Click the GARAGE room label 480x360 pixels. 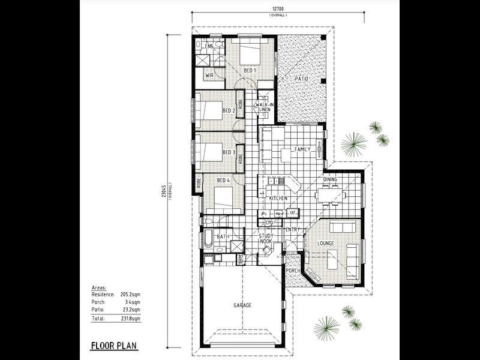[x=242, y=305]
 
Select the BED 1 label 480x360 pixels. [x=250, y=70]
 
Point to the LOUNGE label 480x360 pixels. [x=316, y=243]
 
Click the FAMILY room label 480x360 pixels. [x=302, y=149]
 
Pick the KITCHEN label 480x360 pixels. [x=278, y=198]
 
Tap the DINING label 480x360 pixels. [x=331, y=179]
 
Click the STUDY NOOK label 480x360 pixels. [x=266, y=239]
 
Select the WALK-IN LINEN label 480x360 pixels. [x=265, y=107]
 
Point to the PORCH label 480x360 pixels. [x=292, y=271]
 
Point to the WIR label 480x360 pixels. [x=210, y=76]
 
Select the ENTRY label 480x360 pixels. [x=293, y=230]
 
